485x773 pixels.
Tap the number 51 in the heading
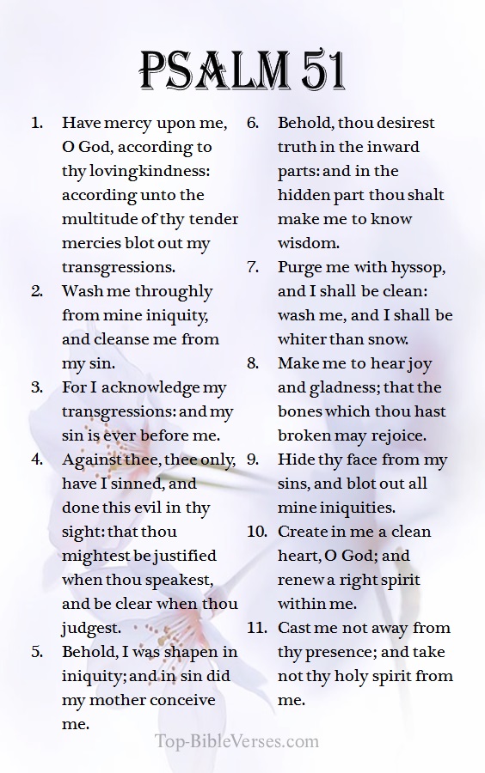pos(317,70)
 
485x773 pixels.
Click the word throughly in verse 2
pos(173,291)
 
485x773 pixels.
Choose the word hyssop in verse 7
pos(417,267)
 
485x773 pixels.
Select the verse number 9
pos(253,460)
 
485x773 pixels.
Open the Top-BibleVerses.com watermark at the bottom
pos(236,742)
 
